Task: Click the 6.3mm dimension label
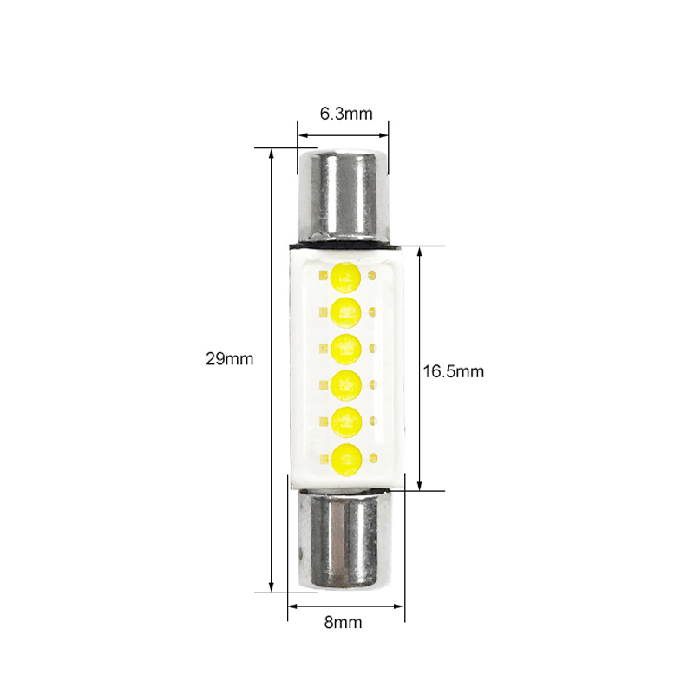point(346,114)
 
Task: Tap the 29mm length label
point(229,358)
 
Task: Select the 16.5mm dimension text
point(453,371)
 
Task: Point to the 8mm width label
point(343,622)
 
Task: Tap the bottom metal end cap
point(344,539)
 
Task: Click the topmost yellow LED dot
point(345,278)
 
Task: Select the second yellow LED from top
point(345,312)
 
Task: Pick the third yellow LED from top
point(345,350)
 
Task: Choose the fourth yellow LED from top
point(346,385)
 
